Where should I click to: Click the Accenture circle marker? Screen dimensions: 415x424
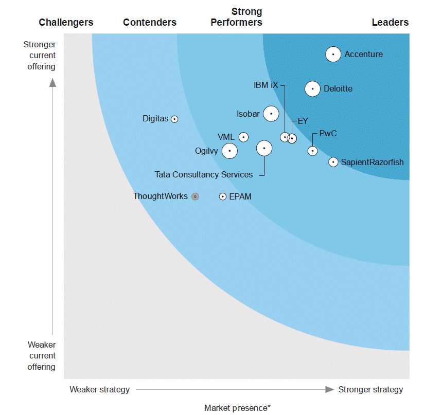point(333,54)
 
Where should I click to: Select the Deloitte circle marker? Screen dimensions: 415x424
point(312,89)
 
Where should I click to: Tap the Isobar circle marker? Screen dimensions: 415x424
point(271,114)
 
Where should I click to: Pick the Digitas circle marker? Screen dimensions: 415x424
point(174,119)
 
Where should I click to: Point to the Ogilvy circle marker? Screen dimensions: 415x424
point(229,151)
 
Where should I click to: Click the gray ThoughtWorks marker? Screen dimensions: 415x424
point(195,196)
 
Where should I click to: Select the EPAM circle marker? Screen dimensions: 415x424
point(223,196)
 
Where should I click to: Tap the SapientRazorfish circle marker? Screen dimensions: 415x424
point(333,162)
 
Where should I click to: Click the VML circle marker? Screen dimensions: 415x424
point(243,137)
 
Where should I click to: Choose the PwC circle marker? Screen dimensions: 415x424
point(312,151)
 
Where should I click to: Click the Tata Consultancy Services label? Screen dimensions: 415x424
point(204,175)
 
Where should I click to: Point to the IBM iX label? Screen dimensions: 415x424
point(266,85)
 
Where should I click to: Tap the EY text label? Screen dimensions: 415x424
point(303,121)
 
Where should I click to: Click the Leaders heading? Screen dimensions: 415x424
point(390,22)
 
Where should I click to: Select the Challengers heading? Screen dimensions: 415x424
point(66,22)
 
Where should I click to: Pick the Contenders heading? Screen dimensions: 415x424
point(150,22)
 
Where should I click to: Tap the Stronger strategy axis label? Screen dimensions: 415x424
point(370,389)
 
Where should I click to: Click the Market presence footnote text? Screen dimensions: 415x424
point(237,408)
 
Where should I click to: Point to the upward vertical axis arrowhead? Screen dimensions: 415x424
point(52,82)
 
